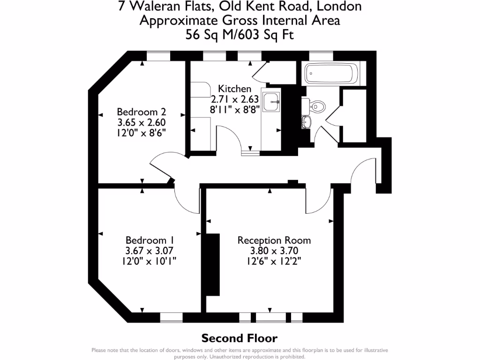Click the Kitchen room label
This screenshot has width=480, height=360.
[235, 89]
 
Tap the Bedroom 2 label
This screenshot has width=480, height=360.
[142, 112]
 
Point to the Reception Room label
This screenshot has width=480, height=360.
[274, 240]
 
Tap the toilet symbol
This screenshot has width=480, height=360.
[317, 106]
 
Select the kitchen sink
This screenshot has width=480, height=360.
[271, 102]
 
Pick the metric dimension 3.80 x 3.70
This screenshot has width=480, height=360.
[274, 250]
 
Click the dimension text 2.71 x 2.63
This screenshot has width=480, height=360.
[235, 99]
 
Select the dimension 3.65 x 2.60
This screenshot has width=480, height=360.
[142, 122]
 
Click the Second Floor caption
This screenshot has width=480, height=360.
[239, 338]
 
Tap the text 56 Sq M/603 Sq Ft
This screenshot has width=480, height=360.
[240, 35]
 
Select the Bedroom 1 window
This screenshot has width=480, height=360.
[171, 318]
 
